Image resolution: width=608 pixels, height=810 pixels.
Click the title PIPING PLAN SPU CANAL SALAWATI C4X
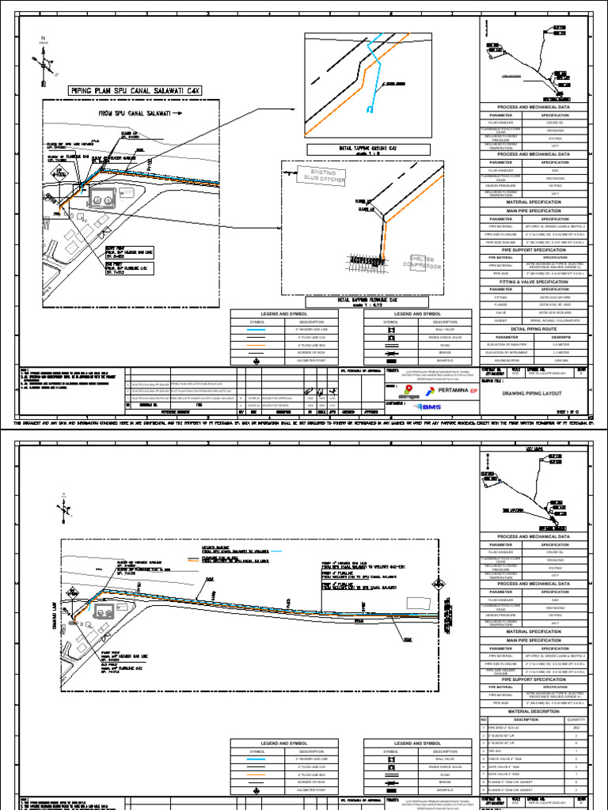point(135,91)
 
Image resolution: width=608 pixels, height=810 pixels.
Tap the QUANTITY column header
point(576,720)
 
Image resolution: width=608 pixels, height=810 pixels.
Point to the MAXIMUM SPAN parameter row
point(503,359)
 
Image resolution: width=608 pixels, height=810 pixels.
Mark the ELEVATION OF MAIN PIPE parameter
point(503,343)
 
